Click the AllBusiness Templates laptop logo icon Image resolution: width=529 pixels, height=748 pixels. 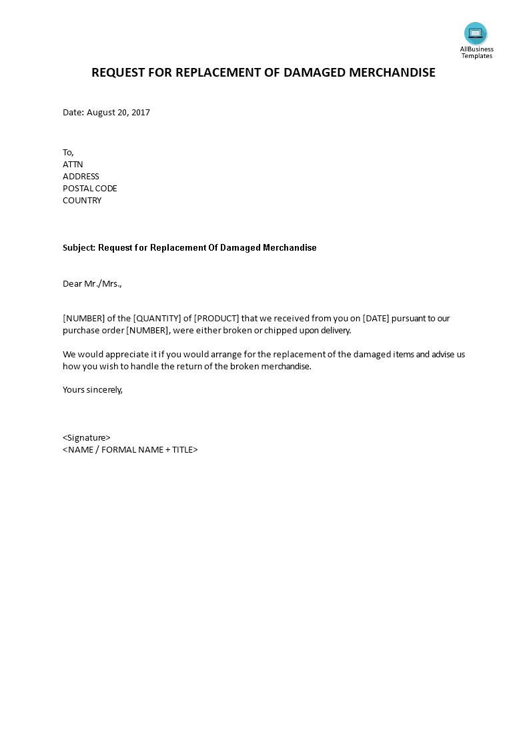(476, 33)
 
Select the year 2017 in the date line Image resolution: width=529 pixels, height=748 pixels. (141, 112)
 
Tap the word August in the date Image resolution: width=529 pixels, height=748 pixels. (101, 112)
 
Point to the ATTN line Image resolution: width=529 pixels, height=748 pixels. (73, 164)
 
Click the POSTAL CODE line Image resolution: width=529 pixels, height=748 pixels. (90, 188)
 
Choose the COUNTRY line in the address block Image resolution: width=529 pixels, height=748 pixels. (82, 200)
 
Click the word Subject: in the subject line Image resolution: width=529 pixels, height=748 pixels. (79, 247)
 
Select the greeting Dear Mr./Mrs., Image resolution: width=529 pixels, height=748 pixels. (93, 283)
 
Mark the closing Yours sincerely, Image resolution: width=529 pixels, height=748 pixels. (93, 389)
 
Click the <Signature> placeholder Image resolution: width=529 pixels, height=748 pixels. (87, 437)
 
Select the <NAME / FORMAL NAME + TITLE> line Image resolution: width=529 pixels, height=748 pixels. (130, 449)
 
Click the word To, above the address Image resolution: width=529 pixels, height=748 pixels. (69, 152)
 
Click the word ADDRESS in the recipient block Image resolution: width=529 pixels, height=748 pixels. (81, 176)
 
